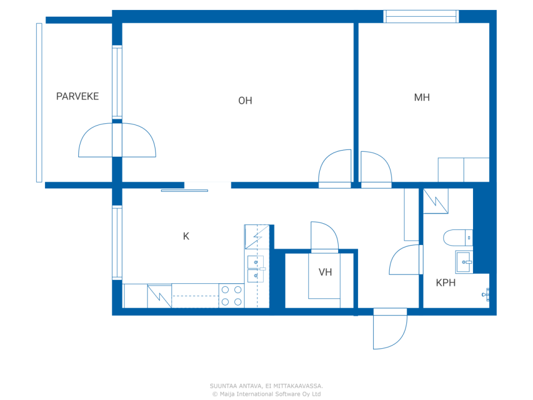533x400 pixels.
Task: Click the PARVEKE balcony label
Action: (77, 96)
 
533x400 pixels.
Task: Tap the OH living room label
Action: (245, 100)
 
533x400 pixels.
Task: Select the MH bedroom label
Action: (421, 97)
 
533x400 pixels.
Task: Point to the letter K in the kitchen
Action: (186, 236)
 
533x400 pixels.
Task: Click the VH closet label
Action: (325, 272)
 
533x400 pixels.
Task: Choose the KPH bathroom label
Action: (445, 282)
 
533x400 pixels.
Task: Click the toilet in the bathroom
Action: (457, 237)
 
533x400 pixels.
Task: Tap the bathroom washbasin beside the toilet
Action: (463, 262)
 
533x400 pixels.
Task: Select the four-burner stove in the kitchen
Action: (231, 295)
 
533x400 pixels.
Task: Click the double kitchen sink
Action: (255, 269)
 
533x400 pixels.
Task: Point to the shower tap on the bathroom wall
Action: (485, 294)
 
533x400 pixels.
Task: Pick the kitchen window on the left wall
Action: (117, 242)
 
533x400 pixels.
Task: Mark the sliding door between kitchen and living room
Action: (184, 190)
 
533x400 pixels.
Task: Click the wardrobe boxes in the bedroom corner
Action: (463, 170)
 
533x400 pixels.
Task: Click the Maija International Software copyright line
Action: (266, 394)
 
